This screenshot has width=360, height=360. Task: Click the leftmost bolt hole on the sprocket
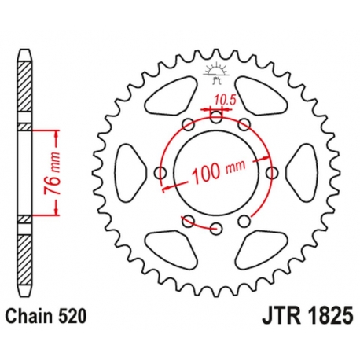click(161, 173)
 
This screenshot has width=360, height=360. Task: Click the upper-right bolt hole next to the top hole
click(244, 125)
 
